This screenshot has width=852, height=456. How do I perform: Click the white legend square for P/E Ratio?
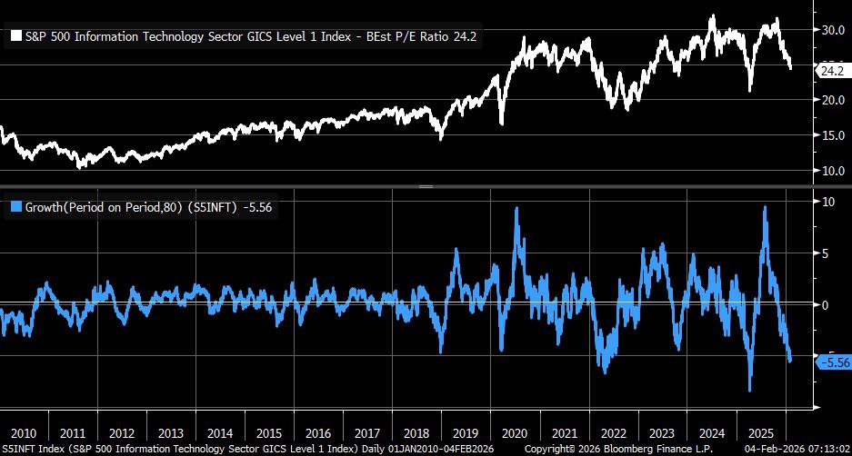15,37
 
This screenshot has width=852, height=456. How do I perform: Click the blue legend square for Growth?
15,207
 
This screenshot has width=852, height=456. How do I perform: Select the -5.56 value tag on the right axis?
834,362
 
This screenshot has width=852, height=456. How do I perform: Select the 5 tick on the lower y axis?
826,253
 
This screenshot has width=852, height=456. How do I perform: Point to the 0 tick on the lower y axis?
826,305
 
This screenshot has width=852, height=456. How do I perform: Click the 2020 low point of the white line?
501,124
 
